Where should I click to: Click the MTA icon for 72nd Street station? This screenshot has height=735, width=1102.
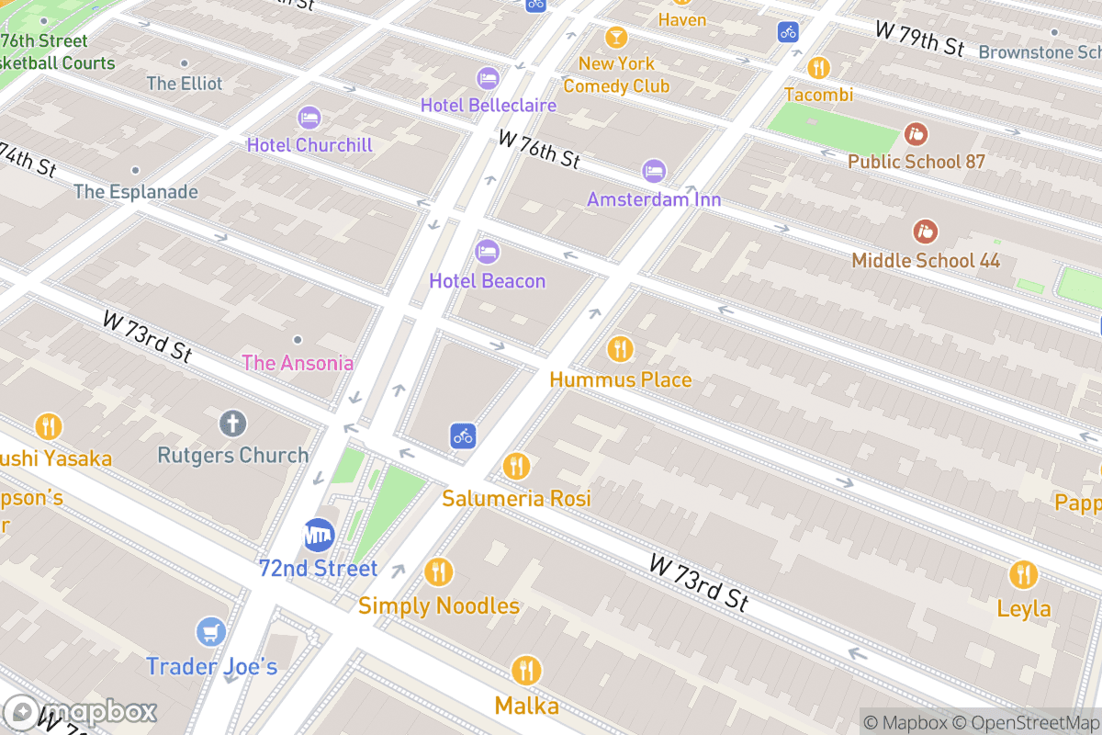(x=320, y=535)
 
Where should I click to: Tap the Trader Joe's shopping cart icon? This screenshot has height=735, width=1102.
(x=211, y=632)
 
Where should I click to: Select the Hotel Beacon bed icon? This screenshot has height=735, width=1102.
(x=487, y=251)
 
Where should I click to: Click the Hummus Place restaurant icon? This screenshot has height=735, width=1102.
(x=620, y=349)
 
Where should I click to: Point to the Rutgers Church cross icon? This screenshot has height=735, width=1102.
(x=232, y=424)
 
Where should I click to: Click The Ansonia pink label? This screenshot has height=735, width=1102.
(x=298, y=363)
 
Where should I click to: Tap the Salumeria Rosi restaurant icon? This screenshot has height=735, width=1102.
(x=516, y=467)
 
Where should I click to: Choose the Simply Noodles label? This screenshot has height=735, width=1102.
(x=439, y=606)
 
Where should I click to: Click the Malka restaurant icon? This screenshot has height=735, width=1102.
(x=526, y=671)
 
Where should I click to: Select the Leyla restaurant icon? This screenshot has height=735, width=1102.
(x=1023, y=575)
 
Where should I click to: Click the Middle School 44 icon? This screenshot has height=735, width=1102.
(x=925, y=232)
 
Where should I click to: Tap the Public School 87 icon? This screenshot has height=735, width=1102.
(x=916, y=134)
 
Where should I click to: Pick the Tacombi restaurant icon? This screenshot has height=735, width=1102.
(x=818, y=67)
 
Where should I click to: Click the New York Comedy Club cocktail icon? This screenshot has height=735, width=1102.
(x=616, y=38)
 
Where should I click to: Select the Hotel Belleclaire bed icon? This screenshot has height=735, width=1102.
(x=487, y=78)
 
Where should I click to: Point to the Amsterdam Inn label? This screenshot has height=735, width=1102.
(x=654, y=199)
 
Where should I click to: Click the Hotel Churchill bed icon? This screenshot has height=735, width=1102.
(x=309, y=118)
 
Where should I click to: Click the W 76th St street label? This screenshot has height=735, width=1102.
(x=539, y=149)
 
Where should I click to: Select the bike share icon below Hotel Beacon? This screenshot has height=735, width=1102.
(x=463, y=435)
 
